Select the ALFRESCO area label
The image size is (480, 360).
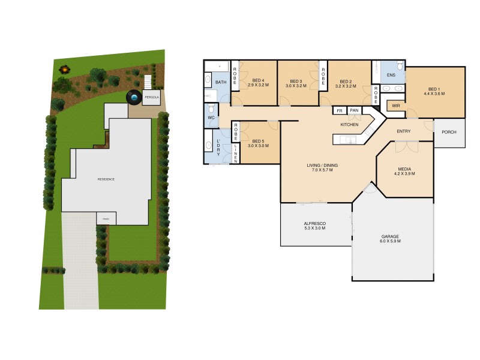[x=314, y=223]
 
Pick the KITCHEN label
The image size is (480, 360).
[x=349, y=124]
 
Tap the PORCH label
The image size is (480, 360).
[x=448, y=132]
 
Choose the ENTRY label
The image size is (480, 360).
[x=404, y=131]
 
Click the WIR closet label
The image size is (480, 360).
[x=395, y=106]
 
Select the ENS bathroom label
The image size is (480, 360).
[x=391, y=75]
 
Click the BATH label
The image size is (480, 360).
[x=220, y=82]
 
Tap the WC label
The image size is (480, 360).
[x=211, y=118]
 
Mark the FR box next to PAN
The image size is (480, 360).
[x=340, y=110]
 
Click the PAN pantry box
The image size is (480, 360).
[x=354, y=110]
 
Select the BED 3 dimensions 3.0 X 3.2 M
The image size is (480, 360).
[x=296, y=86]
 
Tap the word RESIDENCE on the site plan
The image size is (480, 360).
[x=106, y=179]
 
